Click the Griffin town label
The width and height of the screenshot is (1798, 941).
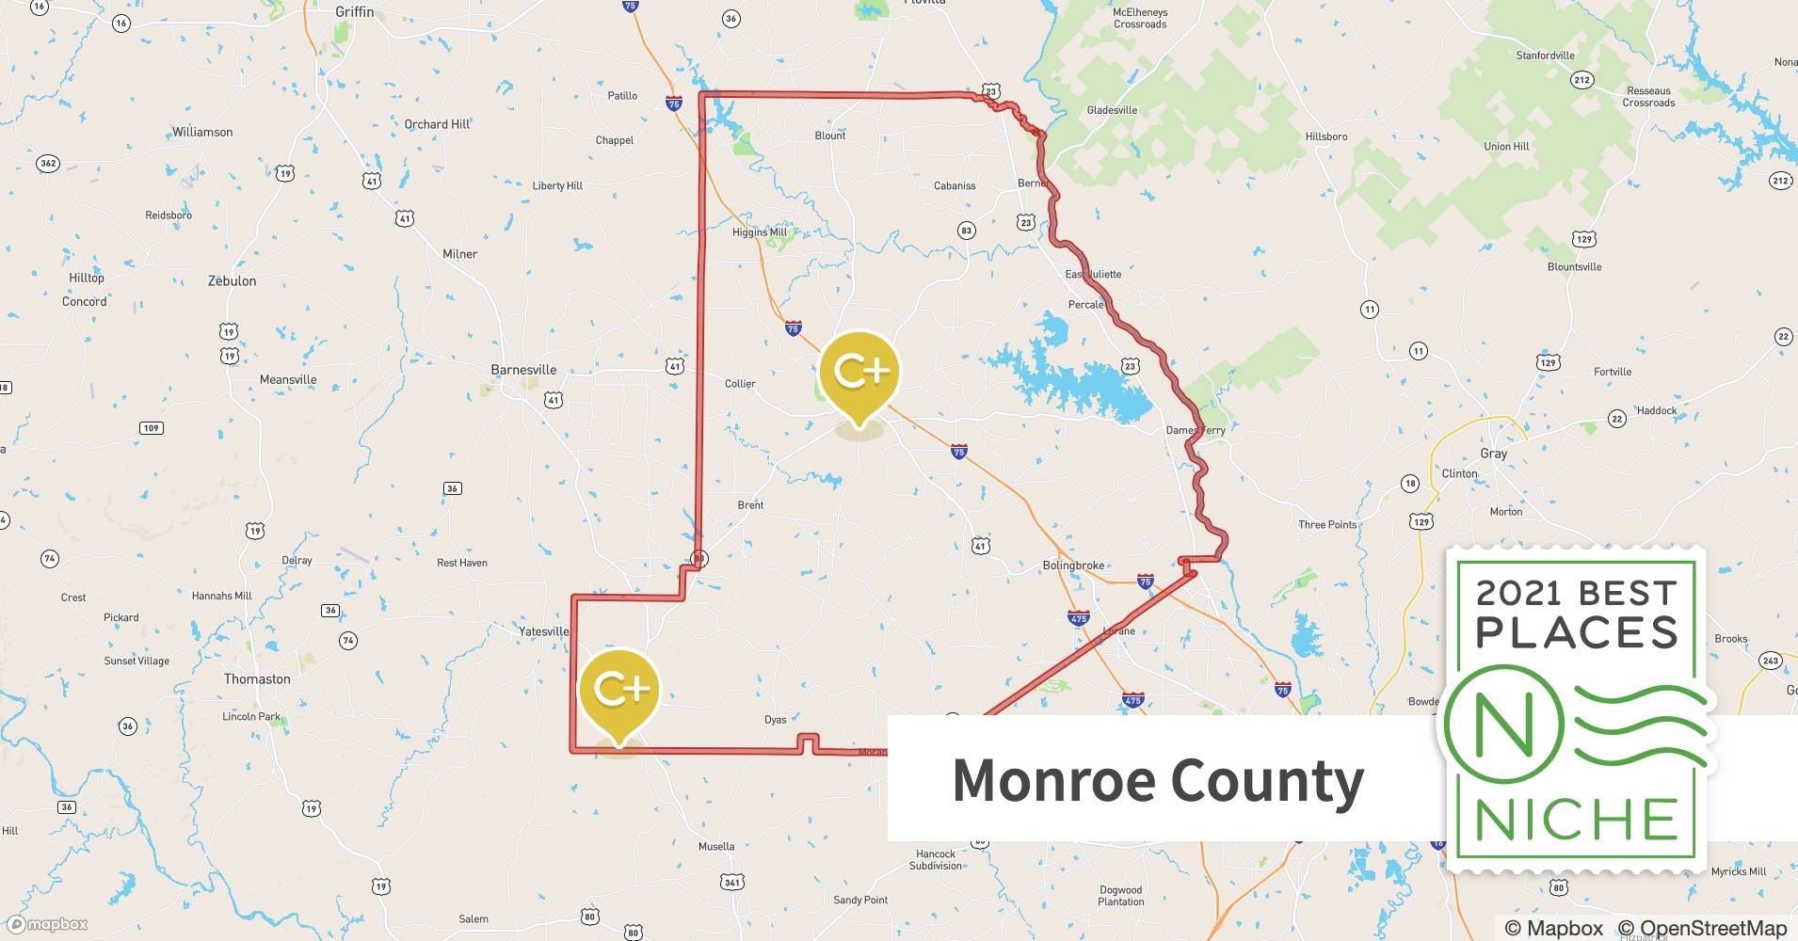tap(354, 12)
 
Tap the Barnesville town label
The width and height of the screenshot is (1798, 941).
tap(523, 370)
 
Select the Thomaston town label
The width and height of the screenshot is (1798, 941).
tap(257, 678)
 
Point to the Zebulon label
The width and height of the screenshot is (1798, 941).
tap(232, 280)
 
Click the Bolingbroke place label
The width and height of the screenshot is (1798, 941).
tap(1073, 566)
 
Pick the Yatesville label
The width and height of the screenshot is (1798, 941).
tap(544, 631)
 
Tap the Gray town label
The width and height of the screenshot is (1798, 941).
tap(1493, 454)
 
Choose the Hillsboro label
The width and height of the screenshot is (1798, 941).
tap(1325, 136)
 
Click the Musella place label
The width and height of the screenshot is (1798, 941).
tap(716, 846)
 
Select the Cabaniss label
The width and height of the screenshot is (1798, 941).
tap(955, 185)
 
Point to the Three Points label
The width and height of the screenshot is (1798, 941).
tap(1327, 524)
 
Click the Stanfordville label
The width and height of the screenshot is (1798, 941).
tap(1545, 56)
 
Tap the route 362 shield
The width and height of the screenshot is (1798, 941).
tap(48, 164)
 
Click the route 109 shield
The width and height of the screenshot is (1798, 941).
tap(151, 428)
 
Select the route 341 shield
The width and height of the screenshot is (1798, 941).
tap(731, 882)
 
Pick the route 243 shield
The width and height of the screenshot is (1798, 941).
tap(1770, 661)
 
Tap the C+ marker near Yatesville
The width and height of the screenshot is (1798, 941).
tap(619, 690)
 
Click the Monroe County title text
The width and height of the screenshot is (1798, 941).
tap(1158, 780)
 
